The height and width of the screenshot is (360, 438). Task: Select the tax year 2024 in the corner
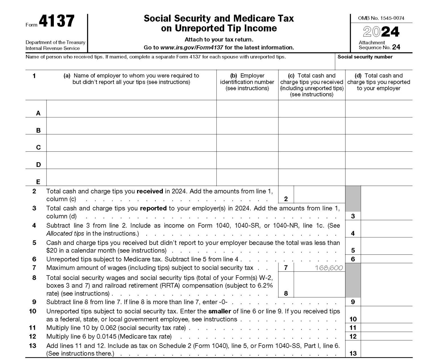[x=381, y=32]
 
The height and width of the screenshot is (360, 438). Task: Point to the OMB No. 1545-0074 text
[x=381, y=18]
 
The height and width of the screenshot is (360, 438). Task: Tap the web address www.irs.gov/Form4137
[x=192, y=48]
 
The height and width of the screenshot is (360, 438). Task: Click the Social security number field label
[x=365, y=57]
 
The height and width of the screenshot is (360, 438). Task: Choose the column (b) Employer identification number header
[x=247, y=82]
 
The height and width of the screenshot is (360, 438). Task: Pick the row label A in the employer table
[x=38, y=113]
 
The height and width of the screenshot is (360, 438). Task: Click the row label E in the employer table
[x=38, y=182]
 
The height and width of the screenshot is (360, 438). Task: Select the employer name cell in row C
[x=131, y=143]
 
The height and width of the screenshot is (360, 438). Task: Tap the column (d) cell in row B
[x=379, y=126]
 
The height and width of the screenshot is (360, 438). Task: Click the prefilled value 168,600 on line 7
[x=329, y=268]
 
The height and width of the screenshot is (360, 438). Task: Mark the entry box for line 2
[x=319, y=195]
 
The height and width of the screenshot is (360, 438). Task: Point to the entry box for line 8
[x=319, y=285]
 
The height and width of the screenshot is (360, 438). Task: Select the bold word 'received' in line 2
[x=150, y=191]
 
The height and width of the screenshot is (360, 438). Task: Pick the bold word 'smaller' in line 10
[x=220, y=311]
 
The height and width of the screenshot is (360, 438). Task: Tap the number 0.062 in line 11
[x=108, y=328]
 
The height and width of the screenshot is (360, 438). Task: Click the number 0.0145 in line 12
[x=106, y=337]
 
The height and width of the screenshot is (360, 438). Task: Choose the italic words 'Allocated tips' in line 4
[x=65, y=233]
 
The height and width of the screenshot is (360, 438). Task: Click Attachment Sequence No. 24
[x=379, y=45]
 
